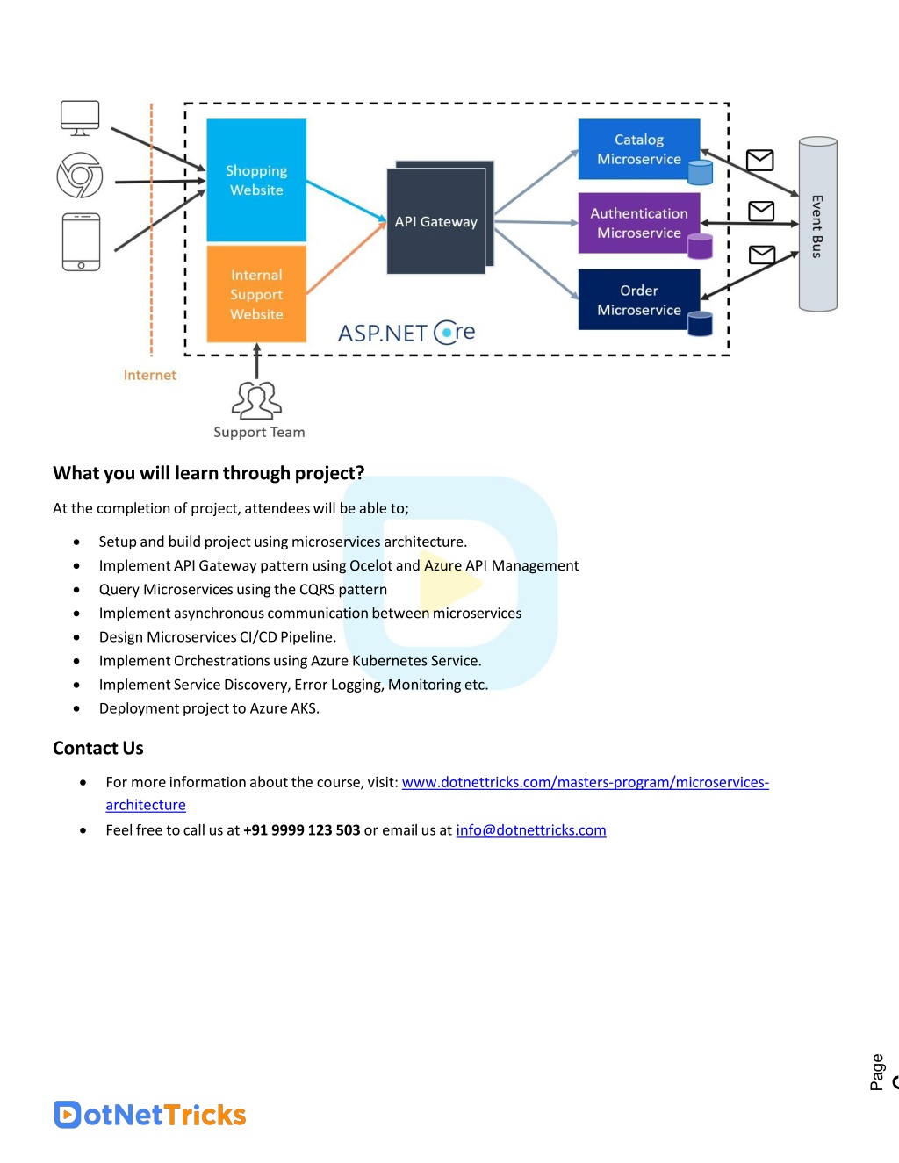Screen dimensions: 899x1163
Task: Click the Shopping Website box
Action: (256, 180)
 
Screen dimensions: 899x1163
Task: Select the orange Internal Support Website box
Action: (256, 294)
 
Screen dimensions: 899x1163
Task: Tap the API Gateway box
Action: (436, 221)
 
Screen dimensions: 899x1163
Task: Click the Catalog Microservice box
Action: (639, 149)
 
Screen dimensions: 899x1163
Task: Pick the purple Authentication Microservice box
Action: (639, 223)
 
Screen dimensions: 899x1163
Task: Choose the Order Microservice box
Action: (639, 299)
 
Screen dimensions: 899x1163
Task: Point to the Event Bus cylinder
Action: (817, 224)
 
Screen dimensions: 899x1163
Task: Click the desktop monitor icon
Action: (80, 118)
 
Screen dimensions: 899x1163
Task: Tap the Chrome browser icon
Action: (80, 175)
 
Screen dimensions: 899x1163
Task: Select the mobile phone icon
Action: (81, 242)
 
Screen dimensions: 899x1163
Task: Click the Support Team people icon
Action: (256, 399)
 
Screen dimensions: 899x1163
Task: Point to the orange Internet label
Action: (150, 375)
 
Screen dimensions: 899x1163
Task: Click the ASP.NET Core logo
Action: (406, 333)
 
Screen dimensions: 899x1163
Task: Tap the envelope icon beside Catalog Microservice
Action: (760, 160)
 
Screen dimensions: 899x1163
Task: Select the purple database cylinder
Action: (700, 246)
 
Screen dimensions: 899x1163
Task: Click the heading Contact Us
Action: (98, 748)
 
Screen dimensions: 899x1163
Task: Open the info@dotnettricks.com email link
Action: (531, 829)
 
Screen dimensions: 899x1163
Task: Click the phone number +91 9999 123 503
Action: (301, 829)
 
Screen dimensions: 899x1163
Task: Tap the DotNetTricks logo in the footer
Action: (150, 1115)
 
